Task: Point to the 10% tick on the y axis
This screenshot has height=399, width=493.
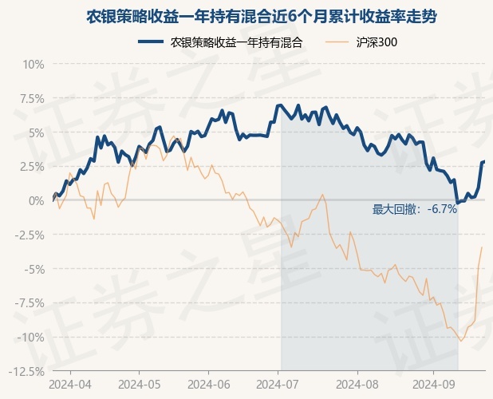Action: pos(32,64)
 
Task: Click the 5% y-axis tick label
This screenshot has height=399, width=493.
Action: pos(35,132)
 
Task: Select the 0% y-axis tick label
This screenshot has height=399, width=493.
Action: pos(35,200)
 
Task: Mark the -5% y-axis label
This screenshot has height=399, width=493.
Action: pos(33,269)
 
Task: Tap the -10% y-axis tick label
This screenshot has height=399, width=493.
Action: pos(30,337)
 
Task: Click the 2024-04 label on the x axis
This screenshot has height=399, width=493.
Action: pos(71,385)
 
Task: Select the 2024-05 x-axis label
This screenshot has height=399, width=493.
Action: pos(140,385)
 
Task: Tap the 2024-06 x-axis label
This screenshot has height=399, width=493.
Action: pos(209,385)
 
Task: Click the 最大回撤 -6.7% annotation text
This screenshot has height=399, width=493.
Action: pos(415,209)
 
